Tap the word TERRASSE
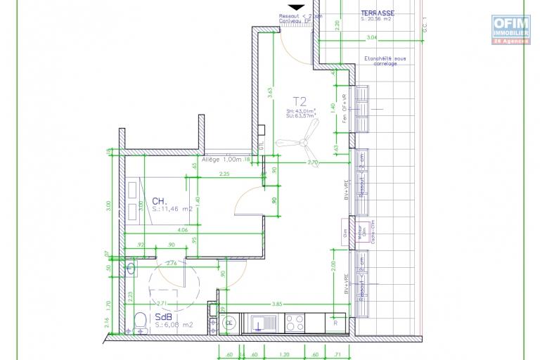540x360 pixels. coord(377,13)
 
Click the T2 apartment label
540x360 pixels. coord(300,101)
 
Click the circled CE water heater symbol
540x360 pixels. coord(229,323)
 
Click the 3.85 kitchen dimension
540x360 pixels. coord(276,303)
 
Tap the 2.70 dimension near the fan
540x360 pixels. coord(314,162)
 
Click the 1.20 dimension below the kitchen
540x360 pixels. coord(285,354)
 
